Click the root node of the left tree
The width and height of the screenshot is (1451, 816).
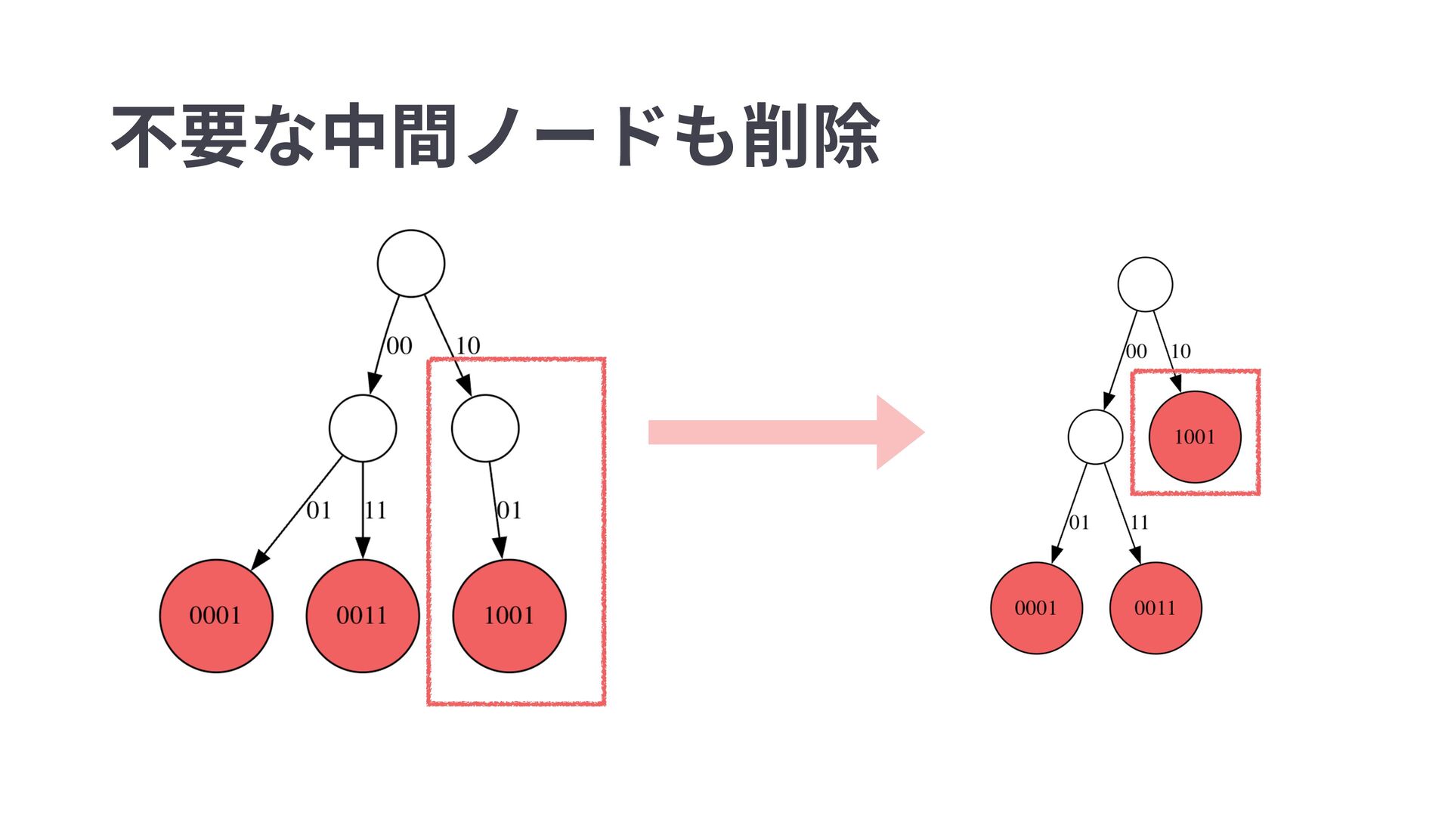(410, 263)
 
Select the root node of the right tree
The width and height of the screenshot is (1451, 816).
(1145, 284)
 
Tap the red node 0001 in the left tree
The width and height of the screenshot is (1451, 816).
(215, 616)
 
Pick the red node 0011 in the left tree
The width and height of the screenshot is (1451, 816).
(362, 616)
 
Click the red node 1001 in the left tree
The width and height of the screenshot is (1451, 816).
(509, 616)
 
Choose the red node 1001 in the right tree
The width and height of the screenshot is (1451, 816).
(1194, 437)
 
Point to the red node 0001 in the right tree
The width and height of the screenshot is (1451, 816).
(1036, 608)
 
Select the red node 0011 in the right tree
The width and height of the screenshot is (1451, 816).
(1155, 608)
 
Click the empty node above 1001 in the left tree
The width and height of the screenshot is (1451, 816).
(485, 428)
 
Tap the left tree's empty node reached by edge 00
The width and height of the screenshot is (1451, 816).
(362, 428)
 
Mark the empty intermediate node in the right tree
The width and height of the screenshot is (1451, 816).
(1095, 437)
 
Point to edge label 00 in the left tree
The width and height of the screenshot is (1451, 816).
(399, 346)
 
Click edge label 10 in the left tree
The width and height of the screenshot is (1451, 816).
(468, 345)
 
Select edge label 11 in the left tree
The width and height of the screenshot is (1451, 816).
(375, 511)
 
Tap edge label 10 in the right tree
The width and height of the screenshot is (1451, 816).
(1180, 351)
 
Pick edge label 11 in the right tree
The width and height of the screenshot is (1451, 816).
(1139, 523)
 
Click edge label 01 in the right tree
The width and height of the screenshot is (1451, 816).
(1079, 523)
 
